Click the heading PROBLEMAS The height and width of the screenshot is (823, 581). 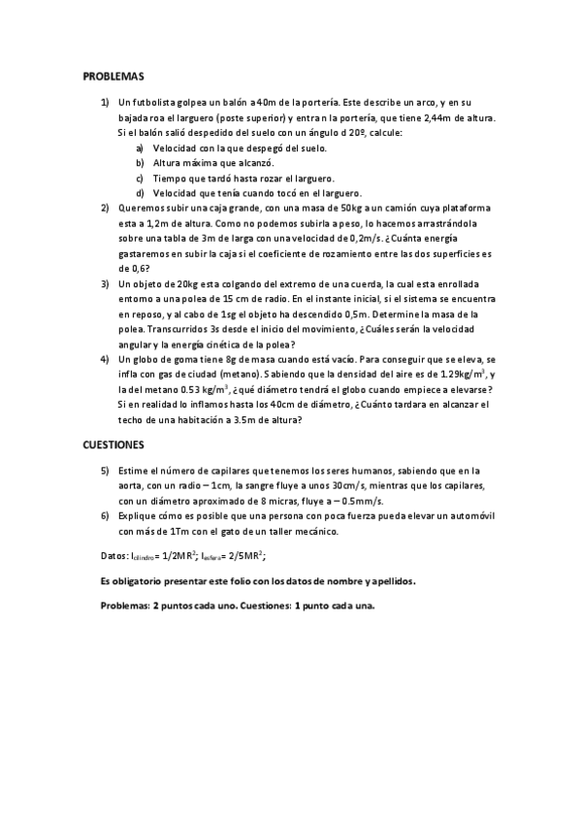113,75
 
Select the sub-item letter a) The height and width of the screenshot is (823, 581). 141,148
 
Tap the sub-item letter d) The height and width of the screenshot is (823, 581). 141,193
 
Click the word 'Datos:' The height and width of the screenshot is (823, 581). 114,555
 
